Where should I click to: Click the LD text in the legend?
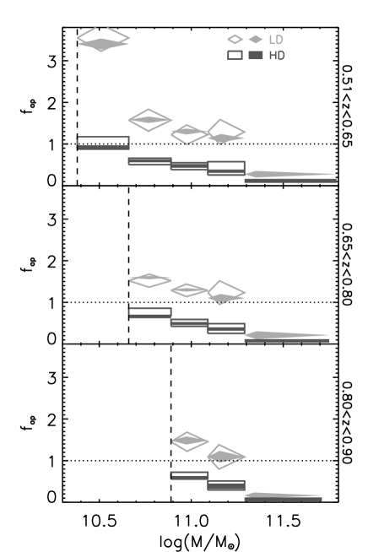pos(276,40)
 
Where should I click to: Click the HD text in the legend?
pos(277,56)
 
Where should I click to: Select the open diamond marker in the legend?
pos(235,40)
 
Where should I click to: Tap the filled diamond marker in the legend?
pos(256,40)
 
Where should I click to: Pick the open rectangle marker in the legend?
pos(235,56)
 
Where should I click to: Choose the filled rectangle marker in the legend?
pos(256,56)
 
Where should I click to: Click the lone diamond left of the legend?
pos(103,40)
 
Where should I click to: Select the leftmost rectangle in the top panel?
pos(103,143)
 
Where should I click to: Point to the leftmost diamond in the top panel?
pos(149,120)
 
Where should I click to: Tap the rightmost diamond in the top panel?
pos(225,133)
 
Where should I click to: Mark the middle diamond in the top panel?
pos(189,133)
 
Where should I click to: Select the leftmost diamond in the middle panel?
pos(149,279)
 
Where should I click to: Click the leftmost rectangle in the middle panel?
pos(149,312)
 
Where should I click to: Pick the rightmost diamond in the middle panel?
pos(225,293)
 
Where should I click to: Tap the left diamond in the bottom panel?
pos(190,441)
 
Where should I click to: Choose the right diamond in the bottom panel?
pos(225,456)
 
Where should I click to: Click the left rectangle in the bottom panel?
pos(189,476)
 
